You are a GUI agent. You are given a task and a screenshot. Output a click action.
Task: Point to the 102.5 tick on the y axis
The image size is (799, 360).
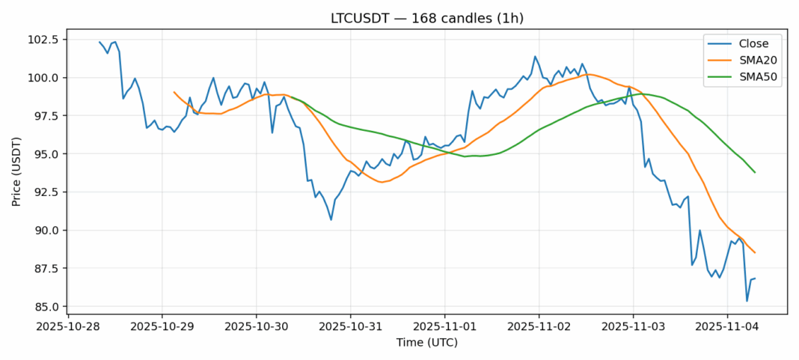point(45,40)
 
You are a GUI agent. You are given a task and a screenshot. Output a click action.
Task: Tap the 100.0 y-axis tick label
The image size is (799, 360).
point(45,78)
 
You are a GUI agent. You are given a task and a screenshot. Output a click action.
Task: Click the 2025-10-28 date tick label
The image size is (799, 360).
point(68,326)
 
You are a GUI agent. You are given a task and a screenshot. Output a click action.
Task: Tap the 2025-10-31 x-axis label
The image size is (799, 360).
point(350,326)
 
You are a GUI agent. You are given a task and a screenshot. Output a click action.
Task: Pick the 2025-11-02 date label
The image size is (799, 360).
point(539,326)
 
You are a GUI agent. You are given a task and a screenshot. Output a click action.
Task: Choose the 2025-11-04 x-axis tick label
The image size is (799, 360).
point(726,326)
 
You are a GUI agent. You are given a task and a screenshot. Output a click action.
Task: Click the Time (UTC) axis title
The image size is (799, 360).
point(426,343)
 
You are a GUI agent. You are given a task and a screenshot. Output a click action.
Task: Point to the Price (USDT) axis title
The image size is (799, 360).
point(16,171)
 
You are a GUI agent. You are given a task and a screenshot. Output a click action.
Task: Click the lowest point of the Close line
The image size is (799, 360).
point(747,301)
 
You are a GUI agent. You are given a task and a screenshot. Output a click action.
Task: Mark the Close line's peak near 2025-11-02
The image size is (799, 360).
point(535,56)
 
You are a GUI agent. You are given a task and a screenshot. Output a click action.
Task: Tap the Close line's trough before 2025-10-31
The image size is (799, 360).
point(331,219)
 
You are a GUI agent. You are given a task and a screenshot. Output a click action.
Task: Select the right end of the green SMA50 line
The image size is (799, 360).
point(755,172)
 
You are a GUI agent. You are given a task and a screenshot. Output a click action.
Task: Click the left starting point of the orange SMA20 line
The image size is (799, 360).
point(174,92)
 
